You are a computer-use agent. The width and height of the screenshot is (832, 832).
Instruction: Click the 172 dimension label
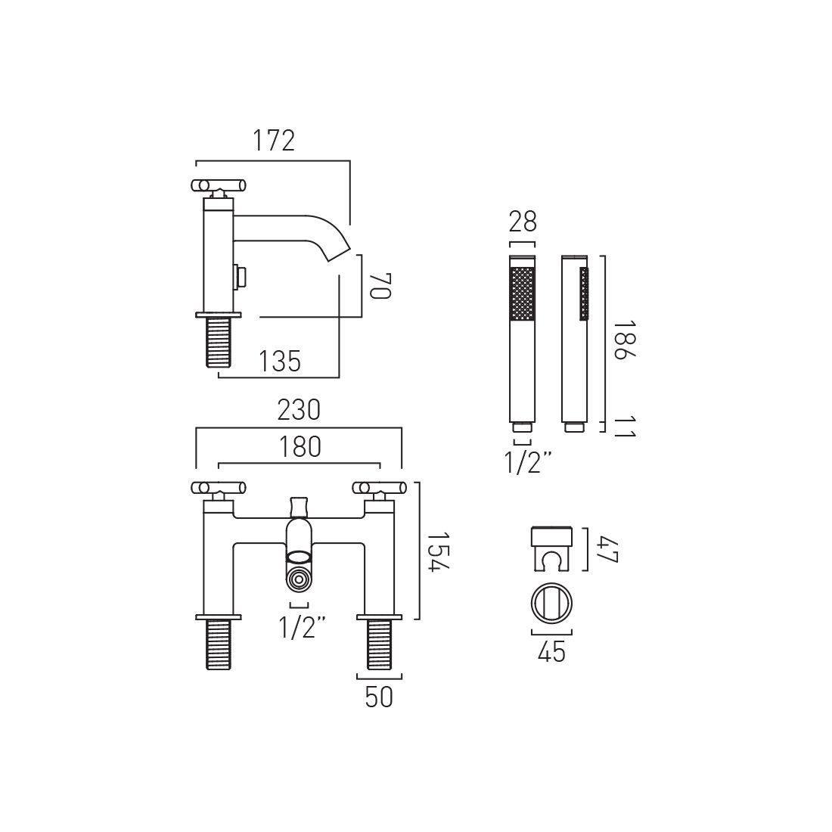coord(273,141)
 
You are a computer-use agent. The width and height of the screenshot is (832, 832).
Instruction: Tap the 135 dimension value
coord(280,362)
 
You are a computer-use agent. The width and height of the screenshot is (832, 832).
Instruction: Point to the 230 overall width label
coord(299,410)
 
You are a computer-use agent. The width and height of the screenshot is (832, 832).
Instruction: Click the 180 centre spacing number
coord(300,447)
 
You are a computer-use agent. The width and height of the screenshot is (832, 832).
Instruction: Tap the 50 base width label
coord(379,697)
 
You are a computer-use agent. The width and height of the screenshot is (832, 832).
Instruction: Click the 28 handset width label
coord(523,222)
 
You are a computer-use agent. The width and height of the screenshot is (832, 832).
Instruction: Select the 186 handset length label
coord(624,340)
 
